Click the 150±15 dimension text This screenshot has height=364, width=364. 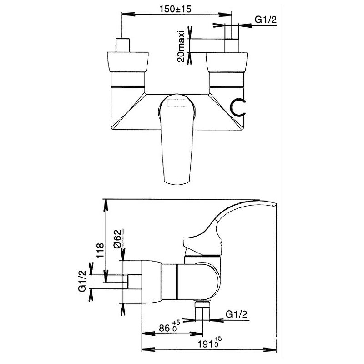(175, 9)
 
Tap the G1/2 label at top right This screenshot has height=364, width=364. (266, 20)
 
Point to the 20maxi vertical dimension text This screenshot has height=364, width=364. (181, 46)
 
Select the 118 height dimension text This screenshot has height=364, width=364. (100, 251)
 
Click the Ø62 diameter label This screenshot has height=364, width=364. (118, 239)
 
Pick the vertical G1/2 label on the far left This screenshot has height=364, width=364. (82, 281)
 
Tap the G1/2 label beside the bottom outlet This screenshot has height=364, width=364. (236, 314)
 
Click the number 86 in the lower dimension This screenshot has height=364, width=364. (165, 328)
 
